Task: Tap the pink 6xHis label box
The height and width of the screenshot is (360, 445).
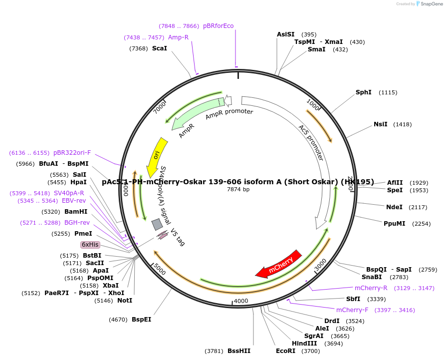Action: point(90,245)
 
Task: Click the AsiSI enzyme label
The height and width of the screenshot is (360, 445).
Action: point(286,34)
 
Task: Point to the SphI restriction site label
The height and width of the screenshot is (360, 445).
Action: point(363,92)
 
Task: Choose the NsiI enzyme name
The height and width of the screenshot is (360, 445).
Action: point(381,124)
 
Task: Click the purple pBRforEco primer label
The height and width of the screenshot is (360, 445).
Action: point(218,26)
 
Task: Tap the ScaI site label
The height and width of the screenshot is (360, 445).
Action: point(160,48)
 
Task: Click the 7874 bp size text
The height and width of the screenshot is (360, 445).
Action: point(238,189)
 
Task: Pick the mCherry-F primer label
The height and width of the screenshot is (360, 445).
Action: point(352,310)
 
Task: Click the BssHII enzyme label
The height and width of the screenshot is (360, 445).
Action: point(239,351)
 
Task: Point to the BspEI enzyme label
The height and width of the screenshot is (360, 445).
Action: point(141,319)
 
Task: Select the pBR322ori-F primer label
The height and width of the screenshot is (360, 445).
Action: point(72,153)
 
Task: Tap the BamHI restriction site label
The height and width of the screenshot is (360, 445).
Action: point(76,212)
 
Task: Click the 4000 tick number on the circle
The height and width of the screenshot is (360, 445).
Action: point(241,301)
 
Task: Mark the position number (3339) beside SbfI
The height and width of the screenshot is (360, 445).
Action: point(376,299)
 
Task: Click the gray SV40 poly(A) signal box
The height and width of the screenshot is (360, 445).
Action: point(157,224)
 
